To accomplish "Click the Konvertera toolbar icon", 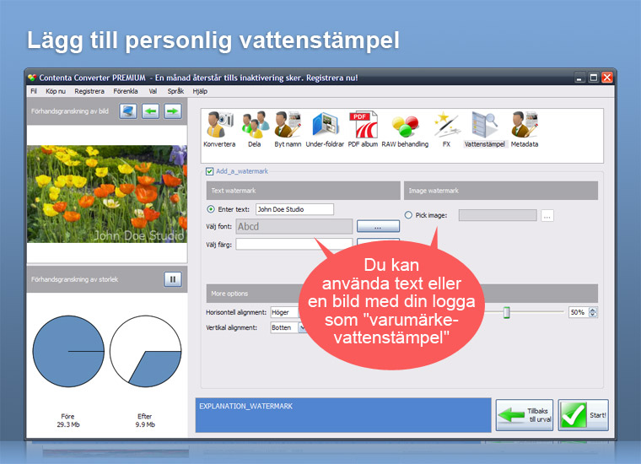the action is (x=219, y=124).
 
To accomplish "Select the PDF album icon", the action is (x=363, y=124).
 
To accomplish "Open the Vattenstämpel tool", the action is (x=484, y=124).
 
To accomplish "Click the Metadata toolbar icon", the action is (x=525, y=124).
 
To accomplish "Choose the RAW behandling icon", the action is (x=405, y=126).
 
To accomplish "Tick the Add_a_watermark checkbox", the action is (x=210, y=171).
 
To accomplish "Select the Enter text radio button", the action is (x=211, y=209).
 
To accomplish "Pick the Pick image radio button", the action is (x=408, y=215).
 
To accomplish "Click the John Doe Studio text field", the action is (x=294, y=209).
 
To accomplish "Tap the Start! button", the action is (x=584, y=415).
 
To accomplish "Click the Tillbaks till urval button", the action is (x=525, y=415).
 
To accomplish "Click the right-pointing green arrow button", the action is (x=173, y=111).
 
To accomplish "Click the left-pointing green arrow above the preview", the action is (x=150, y=111).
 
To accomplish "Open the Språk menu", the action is (x=175, y=91).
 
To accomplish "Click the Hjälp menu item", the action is (x=200, y=91).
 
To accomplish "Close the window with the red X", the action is (x=607, y=78).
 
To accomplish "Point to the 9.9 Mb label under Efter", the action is (x=145, y=424).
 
